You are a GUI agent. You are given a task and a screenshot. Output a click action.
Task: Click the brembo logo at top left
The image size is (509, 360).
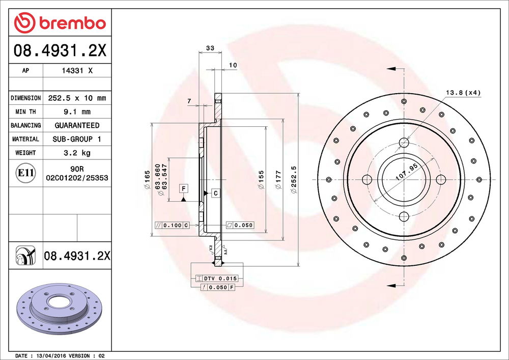click(60, 23)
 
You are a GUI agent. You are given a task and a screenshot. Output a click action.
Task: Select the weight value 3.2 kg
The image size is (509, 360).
click(77, 153)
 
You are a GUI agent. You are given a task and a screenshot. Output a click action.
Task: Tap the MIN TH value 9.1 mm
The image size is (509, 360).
click(77, 112)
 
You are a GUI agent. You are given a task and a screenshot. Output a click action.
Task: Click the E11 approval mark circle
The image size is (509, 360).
click(25, 173)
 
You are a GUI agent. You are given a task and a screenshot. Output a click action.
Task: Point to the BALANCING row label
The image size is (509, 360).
click(25, 125)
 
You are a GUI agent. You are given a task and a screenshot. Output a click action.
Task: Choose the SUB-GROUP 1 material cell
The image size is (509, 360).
click(77, 139)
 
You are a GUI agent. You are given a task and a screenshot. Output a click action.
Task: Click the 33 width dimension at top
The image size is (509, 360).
click(210, 48)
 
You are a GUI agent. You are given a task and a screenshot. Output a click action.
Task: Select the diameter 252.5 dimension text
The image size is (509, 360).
click(294, 180)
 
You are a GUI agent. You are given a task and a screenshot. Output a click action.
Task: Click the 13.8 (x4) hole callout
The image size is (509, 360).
click(463, 93)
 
